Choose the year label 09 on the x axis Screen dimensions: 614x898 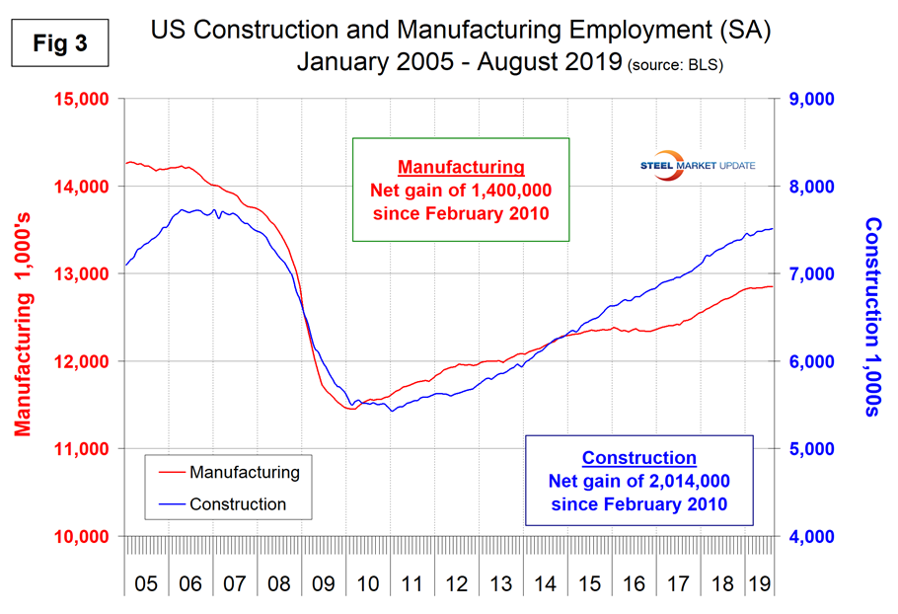324,583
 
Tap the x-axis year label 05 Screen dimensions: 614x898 145,583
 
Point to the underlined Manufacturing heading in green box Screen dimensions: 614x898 461,166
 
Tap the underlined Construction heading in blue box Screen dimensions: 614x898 638,458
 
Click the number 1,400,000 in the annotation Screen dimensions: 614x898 503,190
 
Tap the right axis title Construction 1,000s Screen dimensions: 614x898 872,316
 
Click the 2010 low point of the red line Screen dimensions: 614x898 350,408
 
